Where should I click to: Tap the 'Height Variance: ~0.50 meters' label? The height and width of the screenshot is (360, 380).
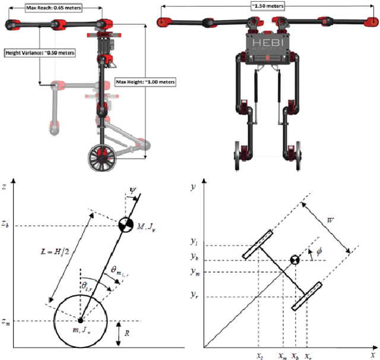pyautogui.click(x=40, y=52)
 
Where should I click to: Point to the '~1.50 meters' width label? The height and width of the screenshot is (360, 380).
pyautogui.click(x=268, y=5)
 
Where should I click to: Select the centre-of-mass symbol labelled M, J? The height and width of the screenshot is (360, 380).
pyautogui.click(x=125, y=225)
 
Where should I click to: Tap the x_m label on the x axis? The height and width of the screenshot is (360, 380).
pyautogui.click(x=283, y=355)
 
